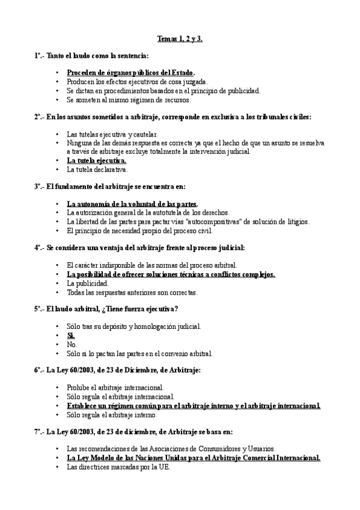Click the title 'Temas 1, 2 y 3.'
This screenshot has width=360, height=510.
point(180,39)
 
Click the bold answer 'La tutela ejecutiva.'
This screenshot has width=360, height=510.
point(96,161)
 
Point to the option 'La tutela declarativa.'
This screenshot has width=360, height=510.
point(97,170)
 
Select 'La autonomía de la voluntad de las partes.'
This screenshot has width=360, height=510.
point(132,204)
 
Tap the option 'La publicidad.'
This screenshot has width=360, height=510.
point(88,283)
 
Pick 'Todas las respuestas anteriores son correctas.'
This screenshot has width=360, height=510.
point(132,292)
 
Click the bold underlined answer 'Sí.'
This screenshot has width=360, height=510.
point(71,336)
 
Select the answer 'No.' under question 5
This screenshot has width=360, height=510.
point(72,345)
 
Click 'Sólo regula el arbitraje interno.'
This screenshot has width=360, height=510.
point(112,415)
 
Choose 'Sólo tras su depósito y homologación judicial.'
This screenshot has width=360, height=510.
point(134,327)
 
